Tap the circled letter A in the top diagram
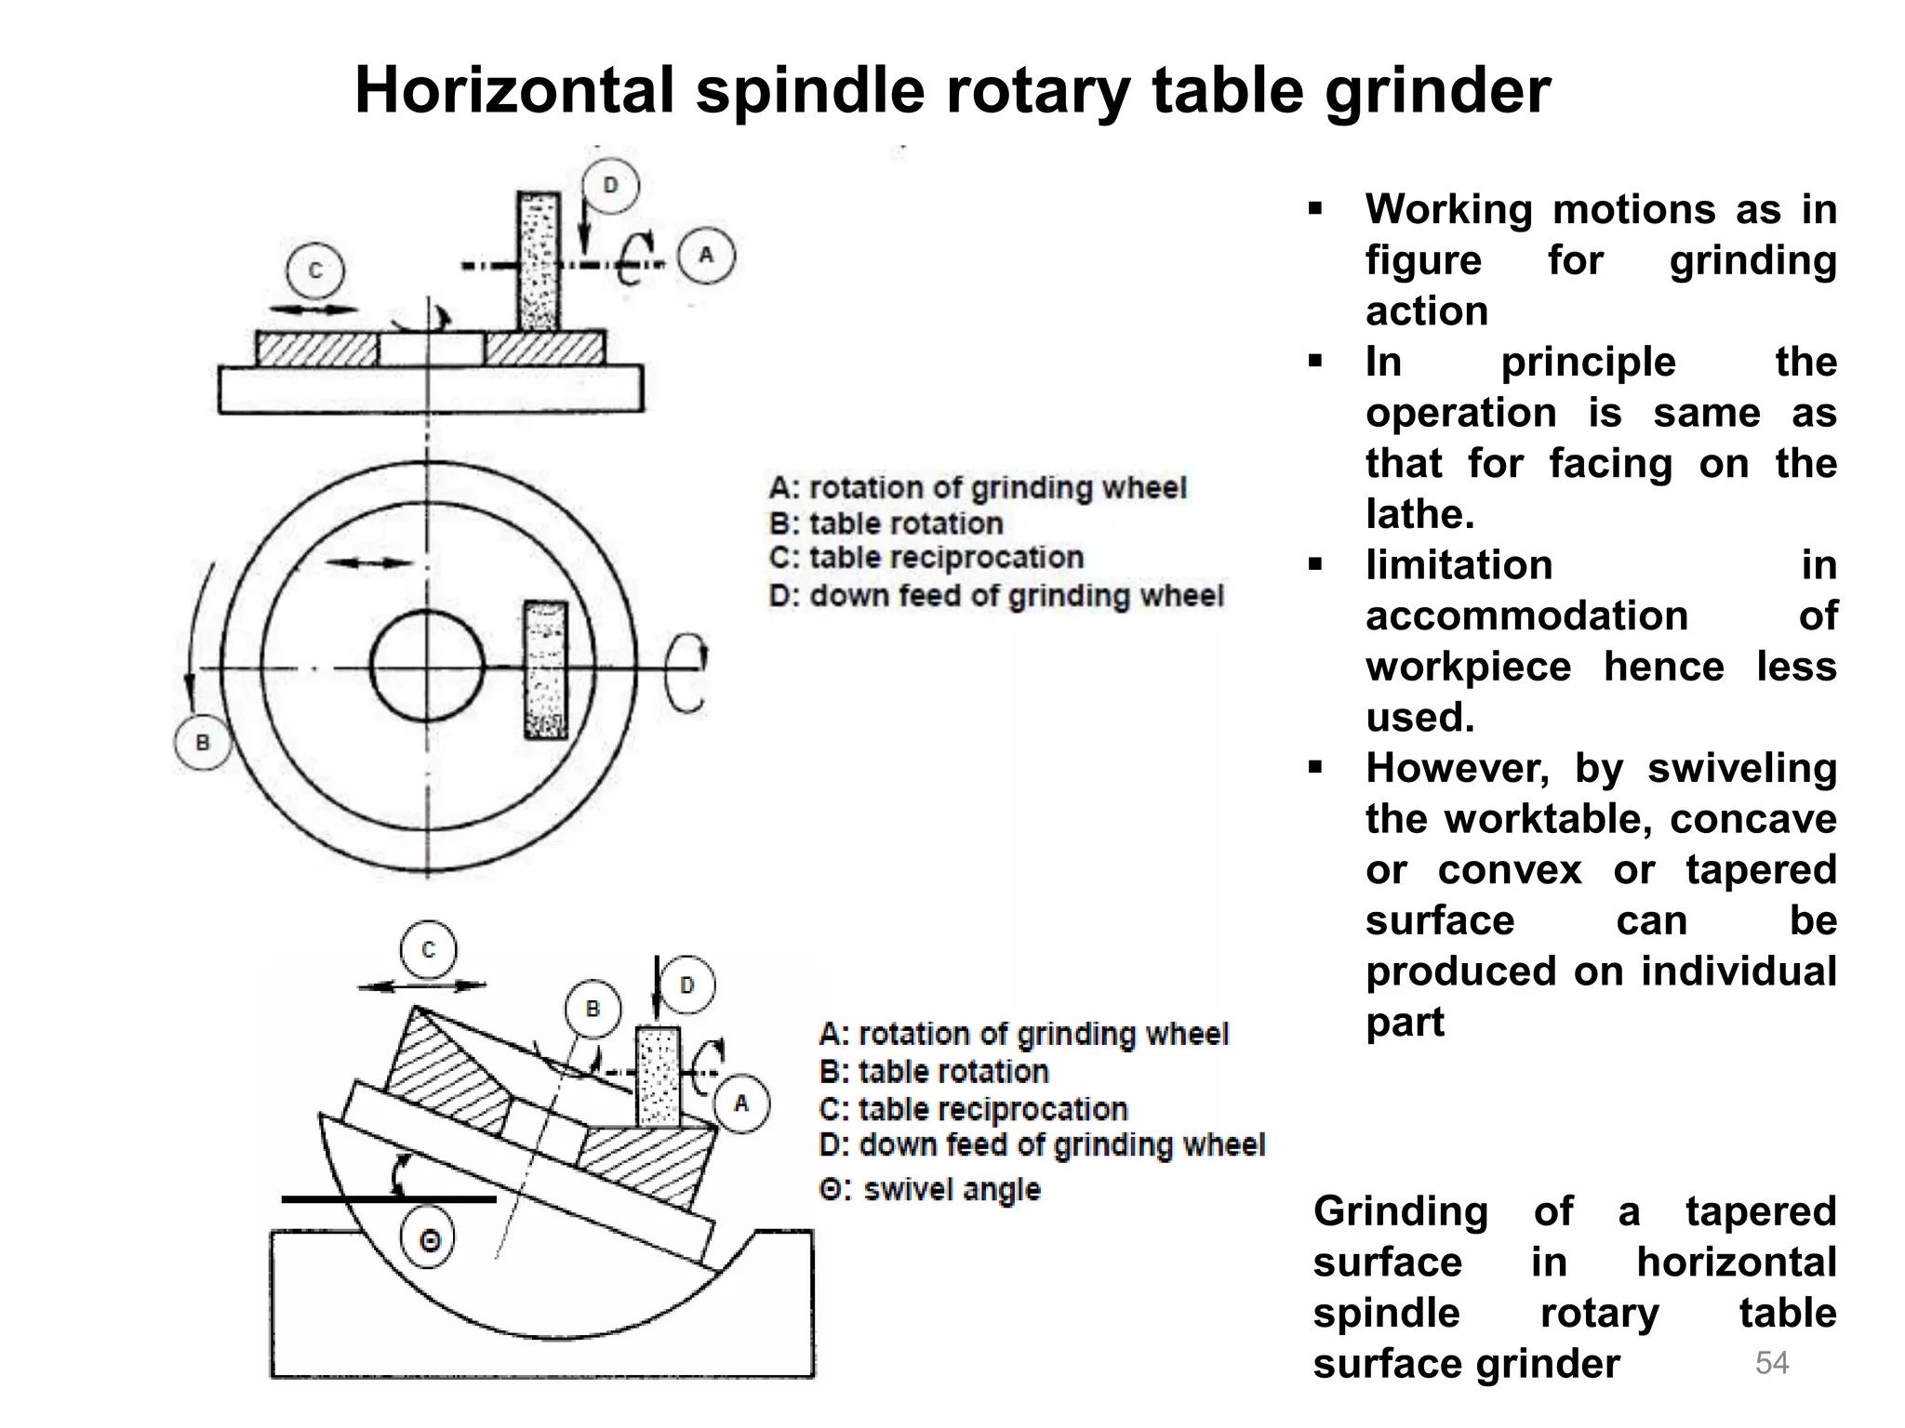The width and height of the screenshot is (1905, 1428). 706,255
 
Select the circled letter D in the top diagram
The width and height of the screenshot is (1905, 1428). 610,185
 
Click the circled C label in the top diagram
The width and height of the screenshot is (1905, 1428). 315,271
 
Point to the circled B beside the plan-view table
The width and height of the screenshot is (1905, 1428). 203,742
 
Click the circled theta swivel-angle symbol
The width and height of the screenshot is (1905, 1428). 429,1240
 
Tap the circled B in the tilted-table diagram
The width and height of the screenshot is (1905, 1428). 593,1009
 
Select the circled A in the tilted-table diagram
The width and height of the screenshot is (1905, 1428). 740,1104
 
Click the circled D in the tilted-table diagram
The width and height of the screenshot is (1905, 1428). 686,985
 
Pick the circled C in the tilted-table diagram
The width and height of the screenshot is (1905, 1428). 428,950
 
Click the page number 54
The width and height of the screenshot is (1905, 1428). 1771,1363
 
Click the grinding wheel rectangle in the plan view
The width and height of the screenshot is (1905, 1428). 545,670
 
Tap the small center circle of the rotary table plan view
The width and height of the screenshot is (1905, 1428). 427,666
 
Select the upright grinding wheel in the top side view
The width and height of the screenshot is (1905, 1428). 539,261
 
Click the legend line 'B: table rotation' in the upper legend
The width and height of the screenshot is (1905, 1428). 886,523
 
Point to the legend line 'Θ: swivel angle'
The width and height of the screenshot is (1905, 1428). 929,1189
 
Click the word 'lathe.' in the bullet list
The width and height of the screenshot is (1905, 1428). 1419,514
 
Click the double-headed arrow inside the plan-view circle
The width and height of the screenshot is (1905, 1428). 369,562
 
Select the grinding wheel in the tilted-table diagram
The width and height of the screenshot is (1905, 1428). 659,1078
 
